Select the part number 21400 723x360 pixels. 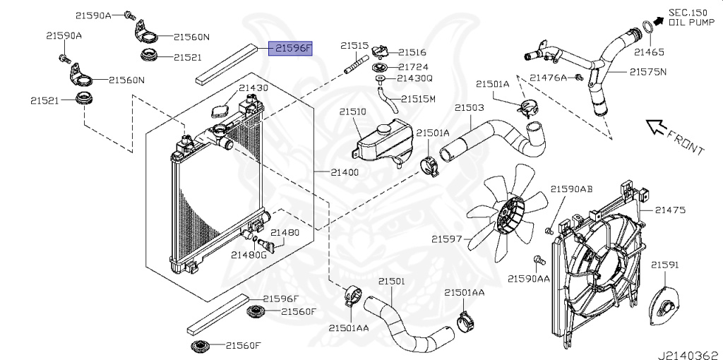click(x=345, y=172)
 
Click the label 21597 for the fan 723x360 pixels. click(x=447, y=239)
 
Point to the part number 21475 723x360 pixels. click(x=670, y=210)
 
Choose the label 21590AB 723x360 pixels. click(x=571, y=189)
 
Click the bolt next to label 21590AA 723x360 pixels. click(x=539, y=261)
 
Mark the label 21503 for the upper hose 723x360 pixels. click(x=469, y=108)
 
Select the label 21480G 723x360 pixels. click(x=249, y=254)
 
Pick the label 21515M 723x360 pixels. click(x=418, y=99)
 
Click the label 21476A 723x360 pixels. click(x=549, y=78)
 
